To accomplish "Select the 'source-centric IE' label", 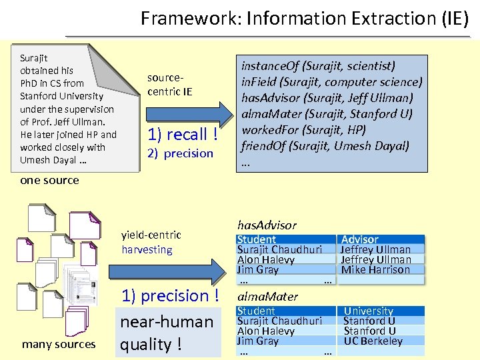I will coord(169,85).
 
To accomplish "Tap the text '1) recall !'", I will coord(183,134).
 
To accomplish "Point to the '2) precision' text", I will coord(180,153).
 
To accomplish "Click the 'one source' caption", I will coord(49,180).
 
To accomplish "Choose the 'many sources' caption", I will coord(59,344).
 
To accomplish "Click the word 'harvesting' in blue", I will coord(147,250).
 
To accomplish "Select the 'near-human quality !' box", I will coord(167,333).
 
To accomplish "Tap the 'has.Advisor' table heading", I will coord(267,225).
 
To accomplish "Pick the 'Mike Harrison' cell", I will coord(375,270).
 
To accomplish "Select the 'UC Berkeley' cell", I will coord(373,341).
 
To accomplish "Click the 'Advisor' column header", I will coord(359,239).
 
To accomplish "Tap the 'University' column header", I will coord(368,311).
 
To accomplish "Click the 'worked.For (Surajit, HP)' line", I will coord(303,129).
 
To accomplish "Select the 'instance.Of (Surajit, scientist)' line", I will coord(318,65).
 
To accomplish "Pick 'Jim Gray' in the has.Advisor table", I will coord(258,270).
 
